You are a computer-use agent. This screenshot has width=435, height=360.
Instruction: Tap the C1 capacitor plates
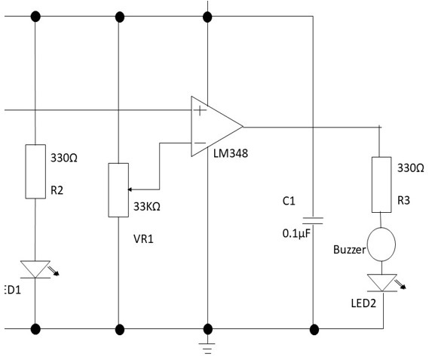[313, 220]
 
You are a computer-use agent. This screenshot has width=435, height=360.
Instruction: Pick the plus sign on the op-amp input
[200, 111]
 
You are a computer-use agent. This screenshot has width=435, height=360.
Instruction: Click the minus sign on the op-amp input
[199, 143]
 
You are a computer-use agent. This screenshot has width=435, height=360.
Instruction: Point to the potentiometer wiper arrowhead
[130, 189]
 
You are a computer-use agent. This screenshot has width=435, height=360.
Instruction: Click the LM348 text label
[231, 153]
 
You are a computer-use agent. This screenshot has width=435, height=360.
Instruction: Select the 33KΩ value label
[147, 206]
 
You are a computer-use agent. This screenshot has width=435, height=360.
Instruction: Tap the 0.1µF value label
[296, 234]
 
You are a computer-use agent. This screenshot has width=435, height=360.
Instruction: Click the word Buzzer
[350, 250]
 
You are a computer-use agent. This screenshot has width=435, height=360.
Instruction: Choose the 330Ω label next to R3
[411, 168]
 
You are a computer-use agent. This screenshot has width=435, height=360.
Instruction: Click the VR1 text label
[143, 239]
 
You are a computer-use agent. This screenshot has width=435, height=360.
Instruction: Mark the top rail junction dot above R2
[35, 17]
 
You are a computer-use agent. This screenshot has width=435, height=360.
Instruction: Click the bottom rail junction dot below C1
[314, 330]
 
